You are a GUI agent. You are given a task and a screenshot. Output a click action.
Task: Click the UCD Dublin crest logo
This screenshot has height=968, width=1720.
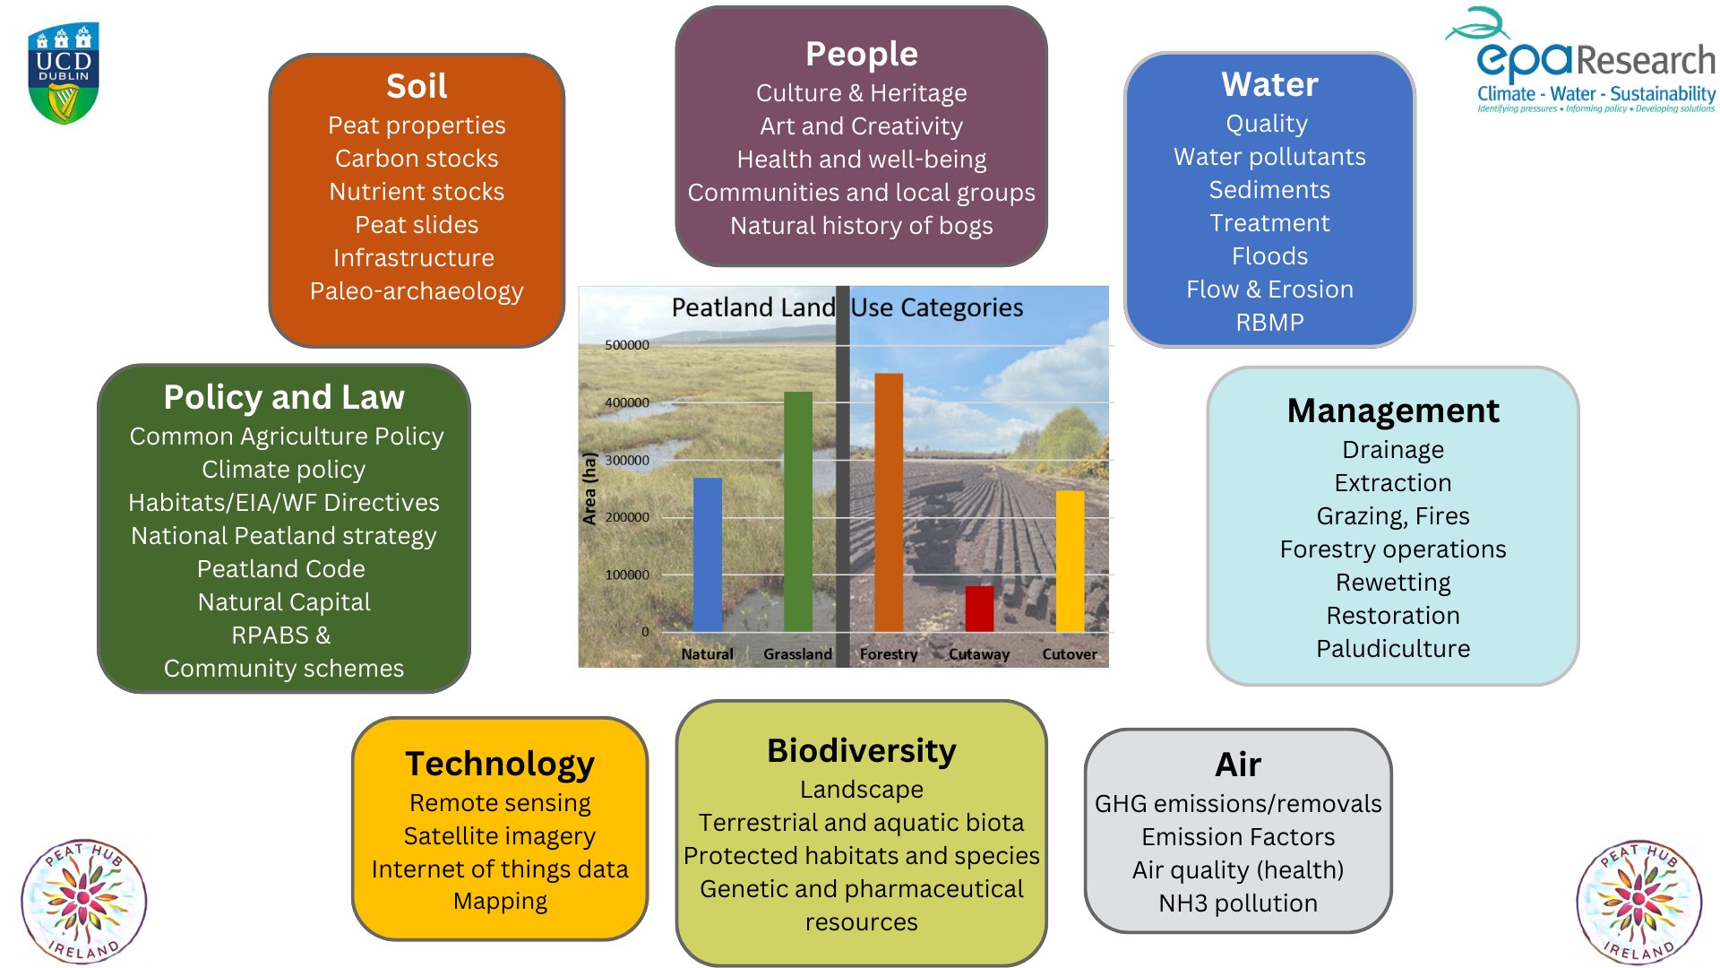click(x=64, y=73)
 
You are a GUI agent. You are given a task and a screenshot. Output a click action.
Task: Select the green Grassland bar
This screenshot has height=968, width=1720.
click(x=797, y=511)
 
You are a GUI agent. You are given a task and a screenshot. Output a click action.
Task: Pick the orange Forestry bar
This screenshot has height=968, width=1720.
click(x=888, y=502)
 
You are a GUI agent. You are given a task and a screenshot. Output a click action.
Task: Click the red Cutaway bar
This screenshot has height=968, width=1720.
click(x=979, y=609)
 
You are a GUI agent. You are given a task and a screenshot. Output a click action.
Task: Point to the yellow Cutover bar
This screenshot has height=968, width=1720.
click(x=1070, y=560)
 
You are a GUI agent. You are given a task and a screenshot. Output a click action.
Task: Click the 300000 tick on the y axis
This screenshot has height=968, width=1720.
click(x=627, y=460)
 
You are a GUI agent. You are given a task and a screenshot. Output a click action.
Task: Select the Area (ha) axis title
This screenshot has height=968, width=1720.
click(x=589, y=488)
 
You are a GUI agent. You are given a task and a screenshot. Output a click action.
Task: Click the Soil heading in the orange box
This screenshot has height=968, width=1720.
click(x=417, y=86)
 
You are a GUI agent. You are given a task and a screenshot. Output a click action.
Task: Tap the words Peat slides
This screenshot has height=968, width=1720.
click(x=417, y=224)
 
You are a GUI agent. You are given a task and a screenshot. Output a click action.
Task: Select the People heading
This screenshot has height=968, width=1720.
click(x=861, y=54)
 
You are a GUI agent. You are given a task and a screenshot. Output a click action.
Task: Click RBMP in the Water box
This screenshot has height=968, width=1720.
click(x=1269, y=322)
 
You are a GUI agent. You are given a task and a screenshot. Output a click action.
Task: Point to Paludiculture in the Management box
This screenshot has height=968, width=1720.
click(x=1392, y=648)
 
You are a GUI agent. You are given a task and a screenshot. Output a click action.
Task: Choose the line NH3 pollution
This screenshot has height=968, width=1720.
click(x=1237, y=903)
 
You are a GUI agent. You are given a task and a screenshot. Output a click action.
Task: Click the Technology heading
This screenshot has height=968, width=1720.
click(x=499, y=764)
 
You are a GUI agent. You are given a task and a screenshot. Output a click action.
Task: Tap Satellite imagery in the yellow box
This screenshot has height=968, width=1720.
click(x=499, y=835)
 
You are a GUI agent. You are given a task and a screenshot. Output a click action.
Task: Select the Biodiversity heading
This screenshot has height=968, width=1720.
click(x=861, y=750)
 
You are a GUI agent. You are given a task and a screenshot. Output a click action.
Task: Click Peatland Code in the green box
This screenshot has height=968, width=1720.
click(x=281, y=568)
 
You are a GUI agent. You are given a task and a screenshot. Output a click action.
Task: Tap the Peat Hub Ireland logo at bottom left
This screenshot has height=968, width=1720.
click(x=83, y=902)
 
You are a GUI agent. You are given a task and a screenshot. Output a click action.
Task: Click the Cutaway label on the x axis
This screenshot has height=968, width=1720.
click(x=979, y=654)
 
